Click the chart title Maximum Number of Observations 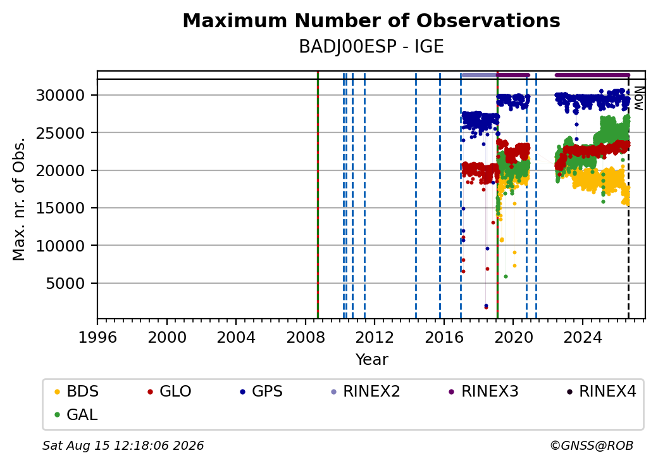click(371, 20)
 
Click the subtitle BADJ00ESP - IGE click(371, 47)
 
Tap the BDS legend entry click(77, 392)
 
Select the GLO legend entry click(170, 392)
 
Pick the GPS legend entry click(261, 392)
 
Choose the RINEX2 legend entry click(365, 392)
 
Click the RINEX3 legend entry click(483, 392)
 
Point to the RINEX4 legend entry click(601, 392)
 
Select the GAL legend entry click(77, 414)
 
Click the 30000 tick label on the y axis click(61, 96)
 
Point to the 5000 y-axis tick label click(65, 284)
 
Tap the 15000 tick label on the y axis click(61, 208)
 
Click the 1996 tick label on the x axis click(97, 337)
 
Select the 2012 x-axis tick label click(375, 337)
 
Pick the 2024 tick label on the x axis click(582, 337)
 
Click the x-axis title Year click(372, 360)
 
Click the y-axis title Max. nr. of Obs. click(19, 198)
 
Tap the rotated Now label click(638, 98)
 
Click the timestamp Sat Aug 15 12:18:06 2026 click(123, 445)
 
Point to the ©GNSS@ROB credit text click(592, 445)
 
